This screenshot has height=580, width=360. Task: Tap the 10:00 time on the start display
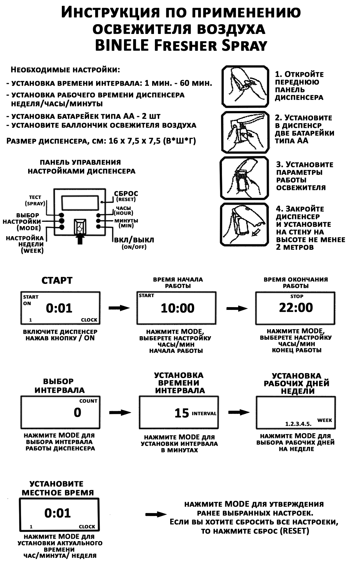[178, 308]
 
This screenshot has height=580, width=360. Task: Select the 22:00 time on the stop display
[296, 307]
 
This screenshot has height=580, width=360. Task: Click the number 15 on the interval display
[182, 413]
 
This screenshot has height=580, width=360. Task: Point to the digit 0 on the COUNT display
[77, 412]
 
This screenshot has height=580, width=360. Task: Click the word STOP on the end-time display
[297, 296]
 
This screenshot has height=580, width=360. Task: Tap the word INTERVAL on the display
[204, 414]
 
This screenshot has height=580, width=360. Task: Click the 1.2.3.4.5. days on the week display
[298, 424]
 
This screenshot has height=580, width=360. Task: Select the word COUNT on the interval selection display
[88, 401]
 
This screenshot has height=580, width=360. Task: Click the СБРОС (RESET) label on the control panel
[126, 196]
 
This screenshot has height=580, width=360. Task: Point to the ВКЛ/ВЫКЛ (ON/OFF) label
[134, 242]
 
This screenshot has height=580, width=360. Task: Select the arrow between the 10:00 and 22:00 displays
[237, 308]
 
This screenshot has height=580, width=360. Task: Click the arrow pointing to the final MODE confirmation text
[156, 514]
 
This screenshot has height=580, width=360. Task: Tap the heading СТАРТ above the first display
[57, 281]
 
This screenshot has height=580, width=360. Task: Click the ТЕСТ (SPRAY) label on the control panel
[35, 200]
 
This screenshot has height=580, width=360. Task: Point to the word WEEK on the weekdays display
[324, 420]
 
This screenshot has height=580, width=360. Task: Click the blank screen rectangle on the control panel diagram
[80, 202]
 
